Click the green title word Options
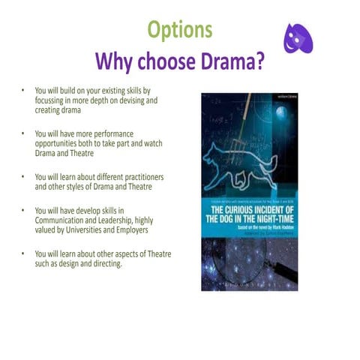click(179, 30)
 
